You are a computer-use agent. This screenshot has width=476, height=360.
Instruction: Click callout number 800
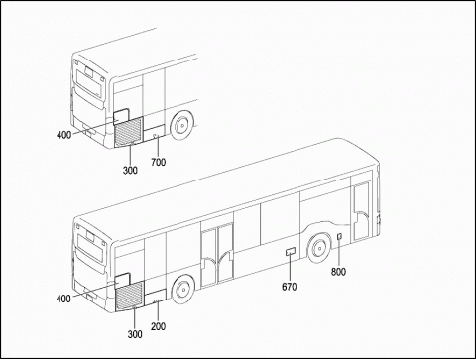[338, 272]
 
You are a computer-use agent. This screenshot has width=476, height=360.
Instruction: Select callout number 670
[290, 287]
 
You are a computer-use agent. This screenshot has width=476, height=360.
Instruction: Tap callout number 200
[158, 326]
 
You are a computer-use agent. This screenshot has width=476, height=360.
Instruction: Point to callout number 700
[158, 163]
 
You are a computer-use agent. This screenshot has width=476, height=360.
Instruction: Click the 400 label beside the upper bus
[63, 135]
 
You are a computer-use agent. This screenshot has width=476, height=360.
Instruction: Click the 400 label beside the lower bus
[63, 299]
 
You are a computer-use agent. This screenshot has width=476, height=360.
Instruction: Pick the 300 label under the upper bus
[130, 171]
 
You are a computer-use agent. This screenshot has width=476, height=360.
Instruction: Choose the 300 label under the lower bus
[135, 334]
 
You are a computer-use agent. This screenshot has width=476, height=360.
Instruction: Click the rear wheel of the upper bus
[181, 126]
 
